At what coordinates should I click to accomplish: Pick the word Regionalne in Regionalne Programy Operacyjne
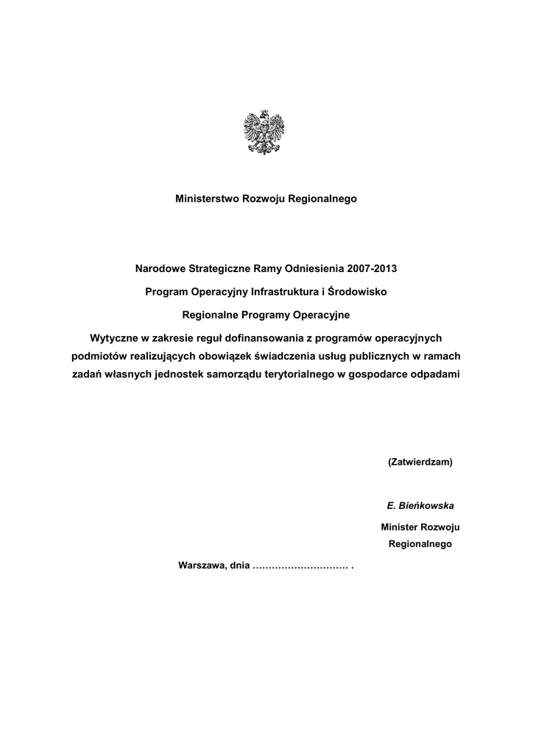point(208,315)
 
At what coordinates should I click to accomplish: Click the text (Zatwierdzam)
point(420,463)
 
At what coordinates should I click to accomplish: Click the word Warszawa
point(202,566)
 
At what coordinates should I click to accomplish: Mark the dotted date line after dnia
point(300,566)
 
